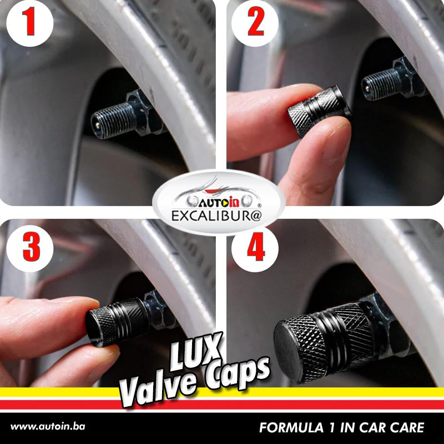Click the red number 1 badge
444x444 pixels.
(x=30, y=23)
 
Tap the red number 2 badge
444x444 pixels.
(x=255, y=23)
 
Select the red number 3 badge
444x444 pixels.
(x=30, y=248)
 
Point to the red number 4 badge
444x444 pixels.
(x=255, y=248)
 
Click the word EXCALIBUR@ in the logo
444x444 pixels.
(x=216, y=216)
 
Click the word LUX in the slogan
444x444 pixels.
(x=195, y=352)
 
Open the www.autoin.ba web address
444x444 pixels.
(x=48, y=427)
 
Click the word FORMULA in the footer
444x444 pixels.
(x=291, y=427)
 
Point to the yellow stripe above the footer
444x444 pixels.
(x=222, y=392)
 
